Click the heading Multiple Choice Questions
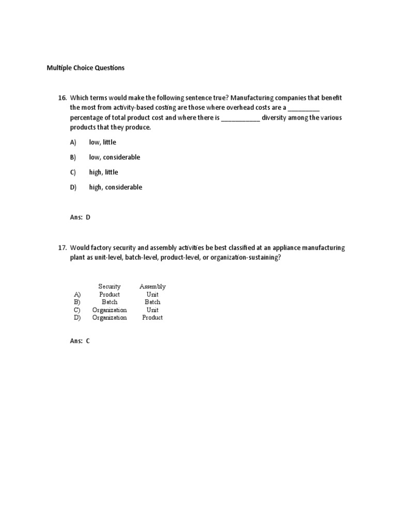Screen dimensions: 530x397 point(85,68)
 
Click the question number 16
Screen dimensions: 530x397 point(63,98)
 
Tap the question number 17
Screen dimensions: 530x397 point(63,248)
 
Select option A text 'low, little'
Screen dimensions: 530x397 point(102,142)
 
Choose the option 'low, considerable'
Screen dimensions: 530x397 point(114,157)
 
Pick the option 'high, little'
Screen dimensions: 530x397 point(103,172)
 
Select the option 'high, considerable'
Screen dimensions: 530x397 point(115,187)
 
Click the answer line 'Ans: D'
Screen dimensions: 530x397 point(80,217)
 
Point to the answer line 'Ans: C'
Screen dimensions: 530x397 point(80,341)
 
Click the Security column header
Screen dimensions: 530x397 point(110,286)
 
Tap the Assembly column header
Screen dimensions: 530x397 point(152,286)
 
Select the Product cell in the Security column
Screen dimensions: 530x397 point(110,295)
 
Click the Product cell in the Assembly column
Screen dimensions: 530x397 point(152,318)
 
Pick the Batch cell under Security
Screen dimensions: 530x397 point(110,302)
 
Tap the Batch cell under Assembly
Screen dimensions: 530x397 point(152,302)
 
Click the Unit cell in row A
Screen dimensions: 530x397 point(152,295)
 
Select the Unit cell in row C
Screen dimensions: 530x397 point(152,310)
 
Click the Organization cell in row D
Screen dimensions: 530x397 point(110,318)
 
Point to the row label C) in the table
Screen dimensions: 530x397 point(77,310)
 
